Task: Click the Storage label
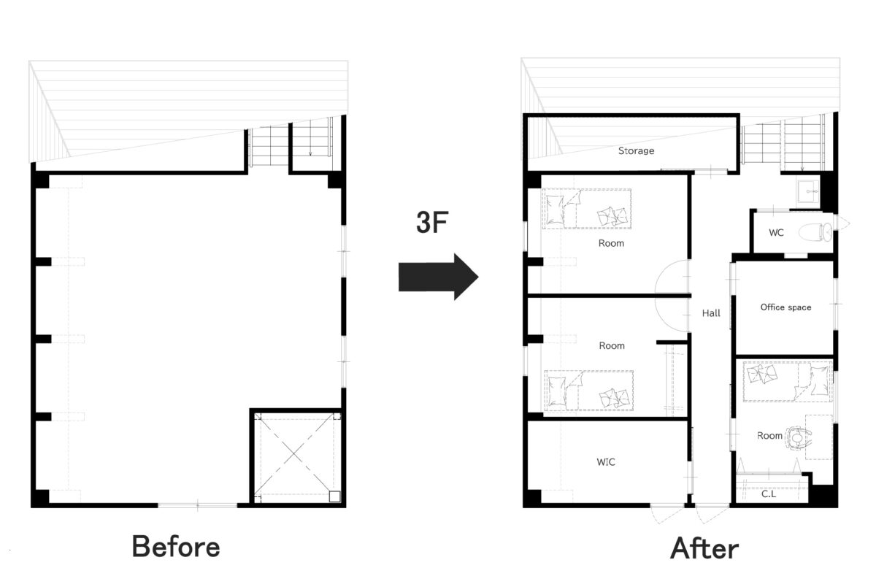[636, 150]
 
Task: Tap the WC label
[776, 233]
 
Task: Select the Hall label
[711, 313]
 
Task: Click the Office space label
[785, 307]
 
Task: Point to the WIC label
[606, 462]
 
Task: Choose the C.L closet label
[769, 494]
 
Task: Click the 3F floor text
[431, 222]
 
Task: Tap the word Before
[176, 547]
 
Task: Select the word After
[704, 548]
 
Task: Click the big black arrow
[438, 277]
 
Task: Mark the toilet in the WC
[816, 232]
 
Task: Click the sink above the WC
[808, 191]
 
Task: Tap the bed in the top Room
[587, 209]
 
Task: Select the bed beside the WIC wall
[588, 391]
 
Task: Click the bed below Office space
[787, 381]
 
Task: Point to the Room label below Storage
[611, 243]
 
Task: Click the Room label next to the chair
[769, 436]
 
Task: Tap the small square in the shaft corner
[335, 496]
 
